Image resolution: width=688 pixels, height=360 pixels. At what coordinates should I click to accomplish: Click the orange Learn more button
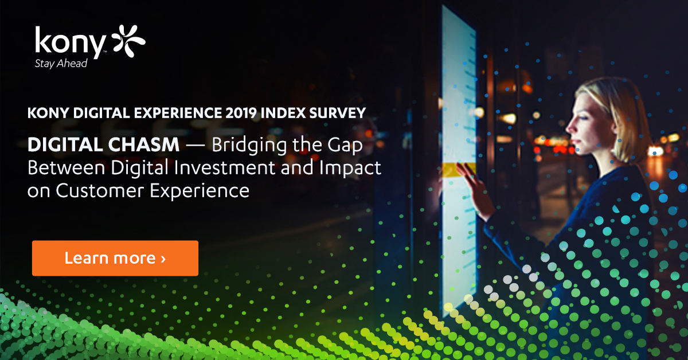pyautogui.click(x=115, y=258)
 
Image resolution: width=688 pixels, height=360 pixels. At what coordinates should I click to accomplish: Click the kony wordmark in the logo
pyautogui.click(x=71, y=42)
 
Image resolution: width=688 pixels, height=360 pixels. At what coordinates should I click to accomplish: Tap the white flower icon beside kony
pyautogui.click(x=128, y=41)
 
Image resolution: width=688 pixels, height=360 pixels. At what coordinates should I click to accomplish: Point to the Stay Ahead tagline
pyautogui.click(x=61, y=64)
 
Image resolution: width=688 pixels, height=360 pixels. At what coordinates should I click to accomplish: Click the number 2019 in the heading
pyautogui.click(x=241, y=113)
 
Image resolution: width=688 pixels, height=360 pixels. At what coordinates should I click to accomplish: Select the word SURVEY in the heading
pyautogui.click(x=338, y=113)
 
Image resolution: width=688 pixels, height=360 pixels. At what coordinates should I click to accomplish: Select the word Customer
pyautogui.click(x=100, y=191)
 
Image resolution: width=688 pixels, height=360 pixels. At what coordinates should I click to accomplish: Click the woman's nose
pyautogui.click(x=569, y=127)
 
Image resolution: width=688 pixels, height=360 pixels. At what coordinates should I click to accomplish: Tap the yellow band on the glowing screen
pyautogui.click(x=459, y=170)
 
